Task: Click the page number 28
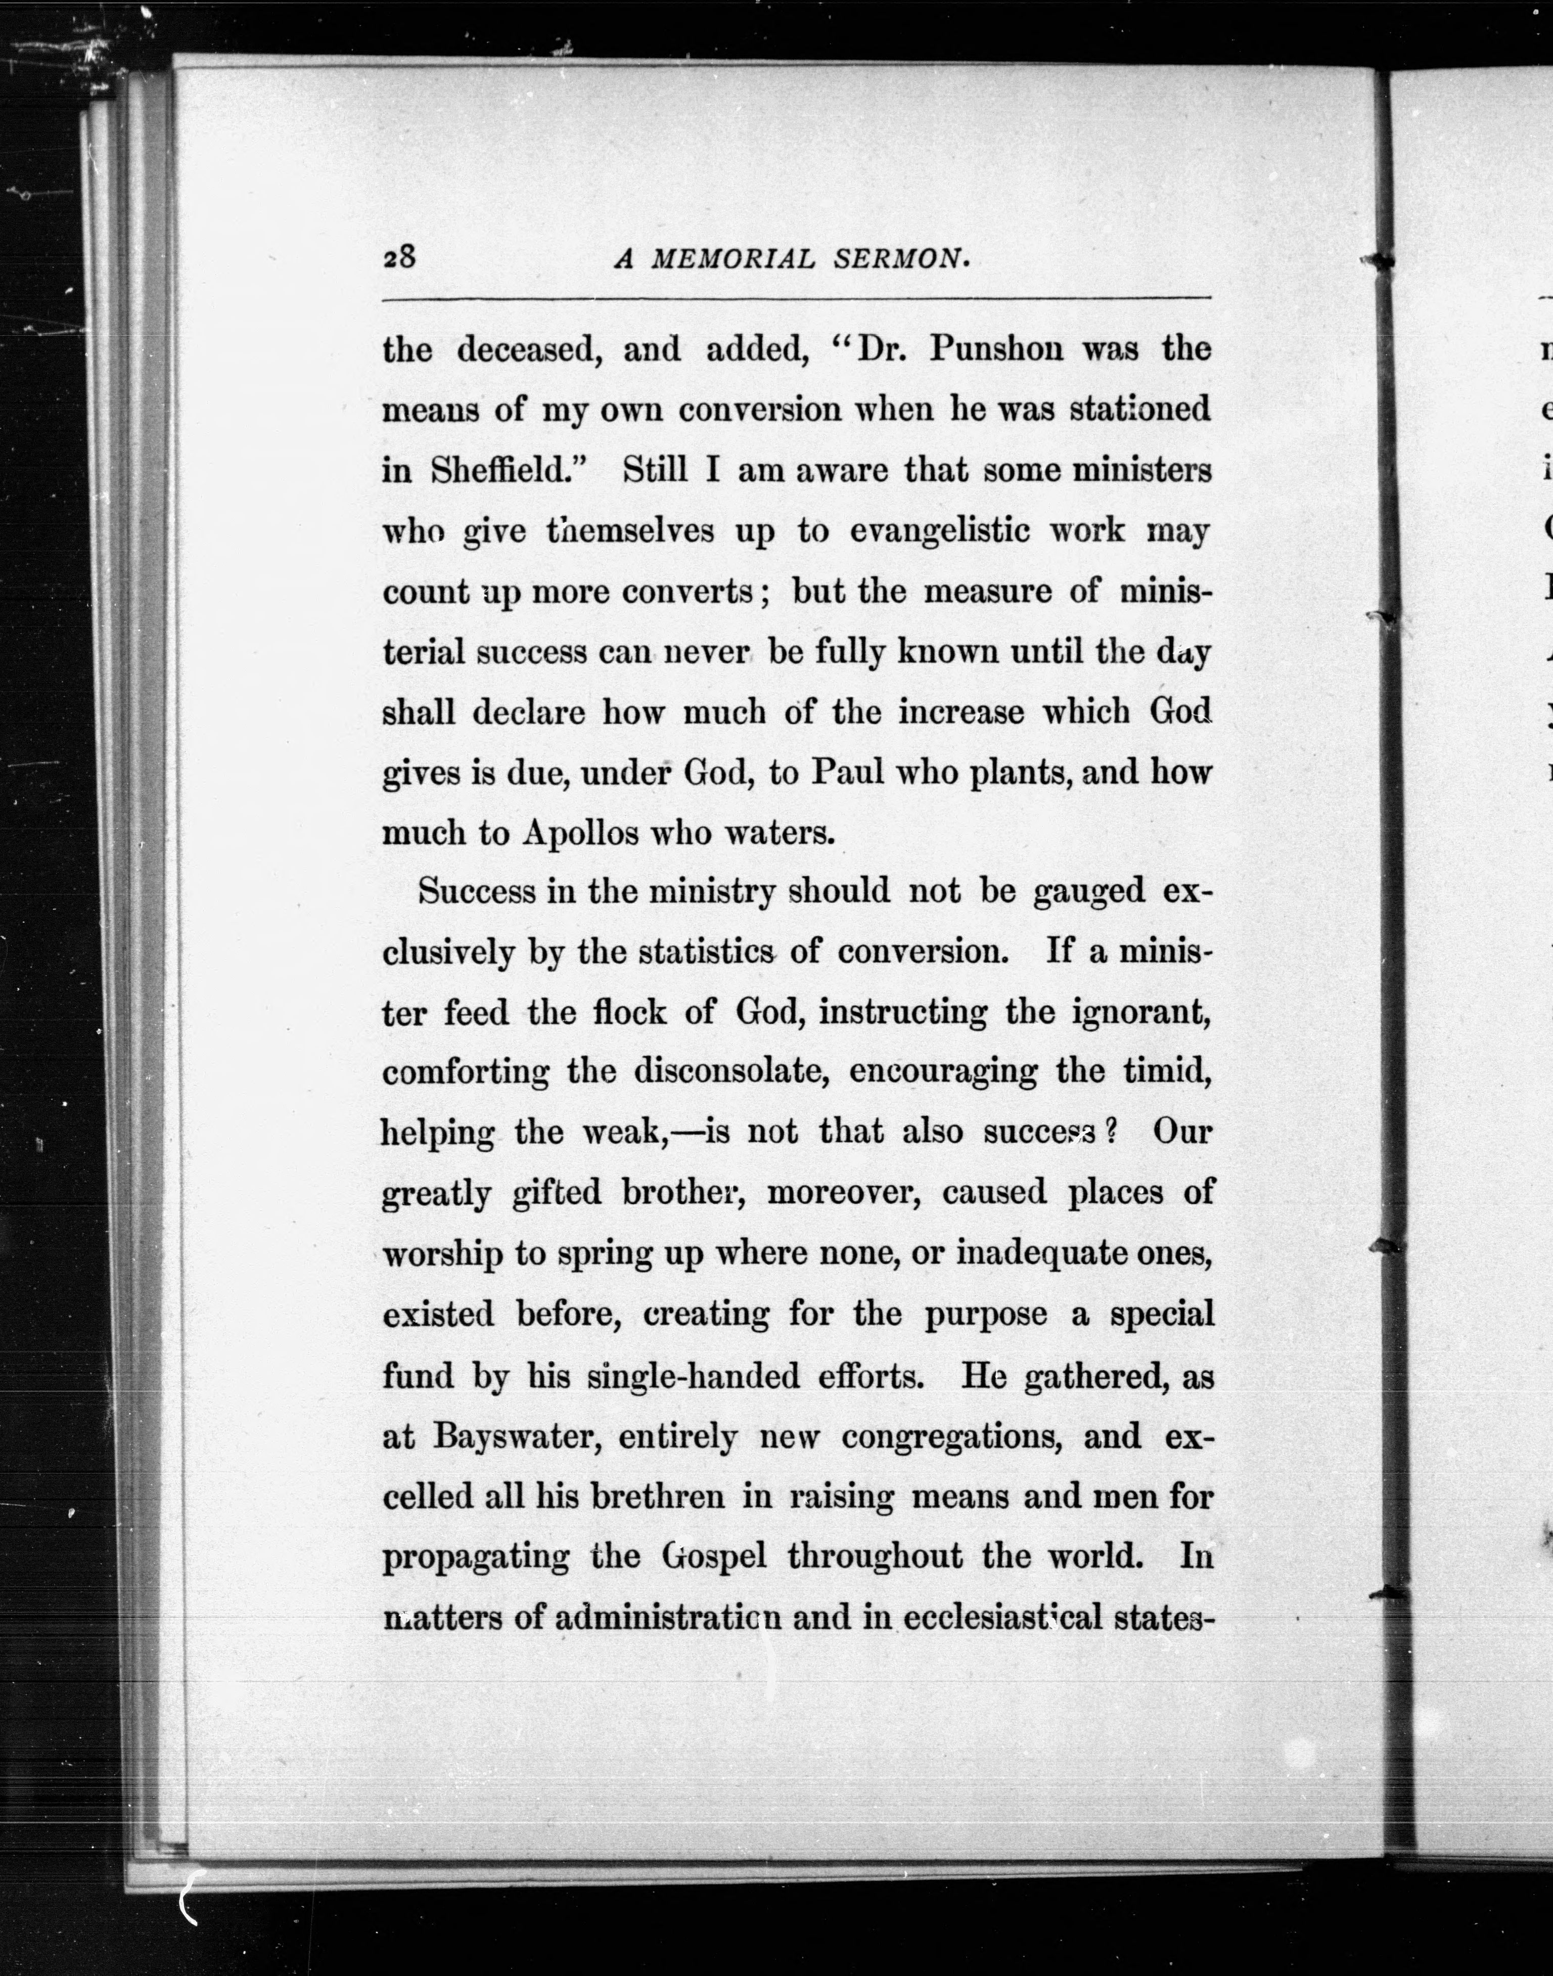point(399,258)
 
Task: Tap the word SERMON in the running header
point(901,260)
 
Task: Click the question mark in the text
point(1108,1132)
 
